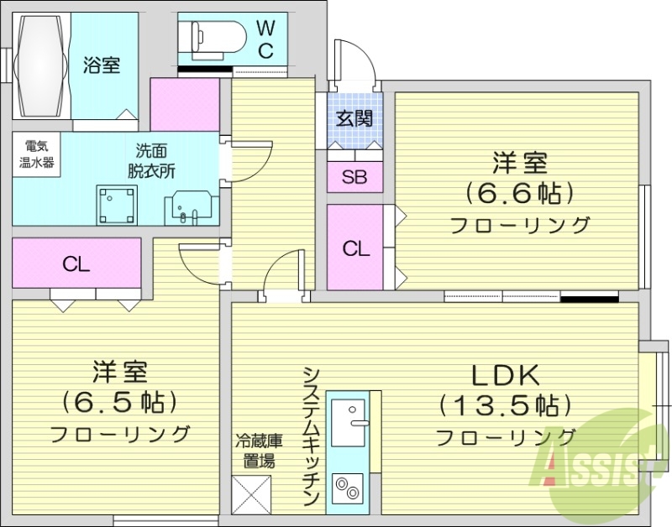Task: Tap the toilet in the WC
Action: [x=217, y=35]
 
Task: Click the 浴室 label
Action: [x=102, y=65]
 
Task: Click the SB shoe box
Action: [x=354, y=177]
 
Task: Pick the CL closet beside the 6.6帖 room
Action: [x=355, y=248]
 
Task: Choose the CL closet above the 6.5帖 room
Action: [x=76, y=263]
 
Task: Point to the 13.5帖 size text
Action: [x=507, y=406]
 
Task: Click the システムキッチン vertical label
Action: [x=310, y=436]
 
